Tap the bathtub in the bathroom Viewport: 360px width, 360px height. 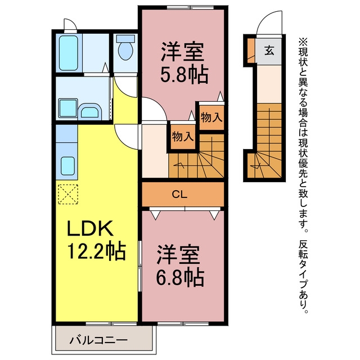[x=69, y=53]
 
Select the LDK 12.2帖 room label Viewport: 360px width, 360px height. [x=96, y=240]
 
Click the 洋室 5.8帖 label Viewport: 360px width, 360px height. [x=184, y=62]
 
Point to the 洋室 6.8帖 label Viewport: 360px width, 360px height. [x=180, y=265]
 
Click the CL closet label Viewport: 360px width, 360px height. [x=179, y=195]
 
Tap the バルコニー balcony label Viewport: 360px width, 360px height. [x=98, y=340]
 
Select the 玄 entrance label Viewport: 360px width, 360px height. [x=269, y=51]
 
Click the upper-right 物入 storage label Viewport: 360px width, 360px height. [x=211, y=118]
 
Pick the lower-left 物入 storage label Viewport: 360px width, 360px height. [x=183, y=137]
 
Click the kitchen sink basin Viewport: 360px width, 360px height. [x=67, y=166]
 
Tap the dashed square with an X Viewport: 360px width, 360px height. [x=68, y=194]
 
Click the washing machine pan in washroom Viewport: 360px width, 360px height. [x=67, y=108]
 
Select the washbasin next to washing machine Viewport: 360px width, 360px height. [x=90, y=111]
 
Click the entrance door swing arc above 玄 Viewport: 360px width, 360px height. [x=269, y=22]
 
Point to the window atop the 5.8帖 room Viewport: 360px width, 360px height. [x=190, y=7]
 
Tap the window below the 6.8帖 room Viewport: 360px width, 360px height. [x=183, y=324]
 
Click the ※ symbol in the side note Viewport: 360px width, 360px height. [x=303, y=43]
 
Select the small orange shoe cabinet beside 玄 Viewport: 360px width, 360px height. [x=251, y=51]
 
